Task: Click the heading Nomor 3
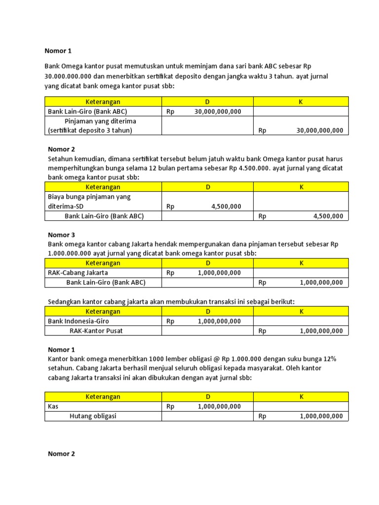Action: point(62,235)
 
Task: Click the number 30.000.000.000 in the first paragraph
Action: point(70,76)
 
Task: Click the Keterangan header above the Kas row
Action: point(103,397)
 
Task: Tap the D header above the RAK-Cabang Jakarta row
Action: point(208,263)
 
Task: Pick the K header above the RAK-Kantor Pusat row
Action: point(301,312)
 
